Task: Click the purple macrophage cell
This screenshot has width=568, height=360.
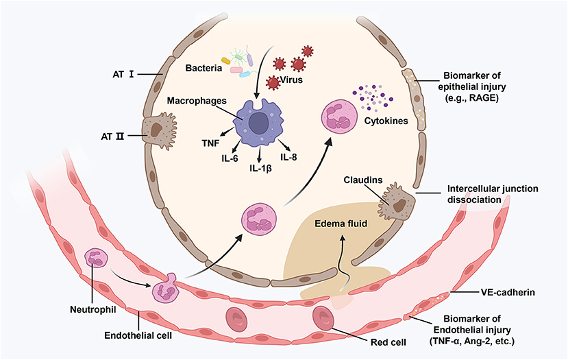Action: pyautogui.click(x=258, y=123)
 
